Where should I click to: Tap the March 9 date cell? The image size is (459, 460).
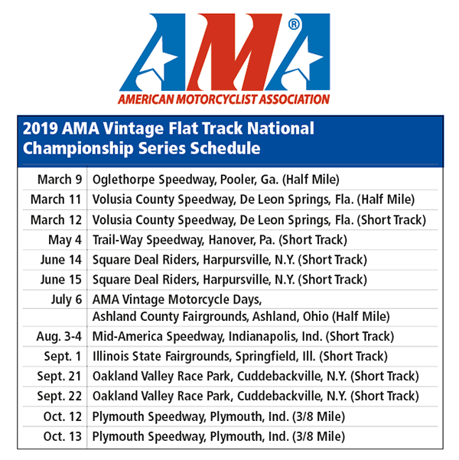point(59,180)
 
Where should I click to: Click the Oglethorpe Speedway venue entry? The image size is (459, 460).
point(215,180)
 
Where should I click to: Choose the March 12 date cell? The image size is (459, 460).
point(56,220)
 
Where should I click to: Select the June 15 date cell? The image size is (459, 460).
point(60,280)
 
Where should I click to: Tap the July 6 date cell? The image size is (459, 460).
point(64,300)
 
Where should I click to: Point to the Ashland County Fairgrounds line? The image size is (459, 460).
point(241,316)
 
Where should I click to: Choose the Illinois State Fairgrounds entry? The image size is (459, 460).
point(238,356)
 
